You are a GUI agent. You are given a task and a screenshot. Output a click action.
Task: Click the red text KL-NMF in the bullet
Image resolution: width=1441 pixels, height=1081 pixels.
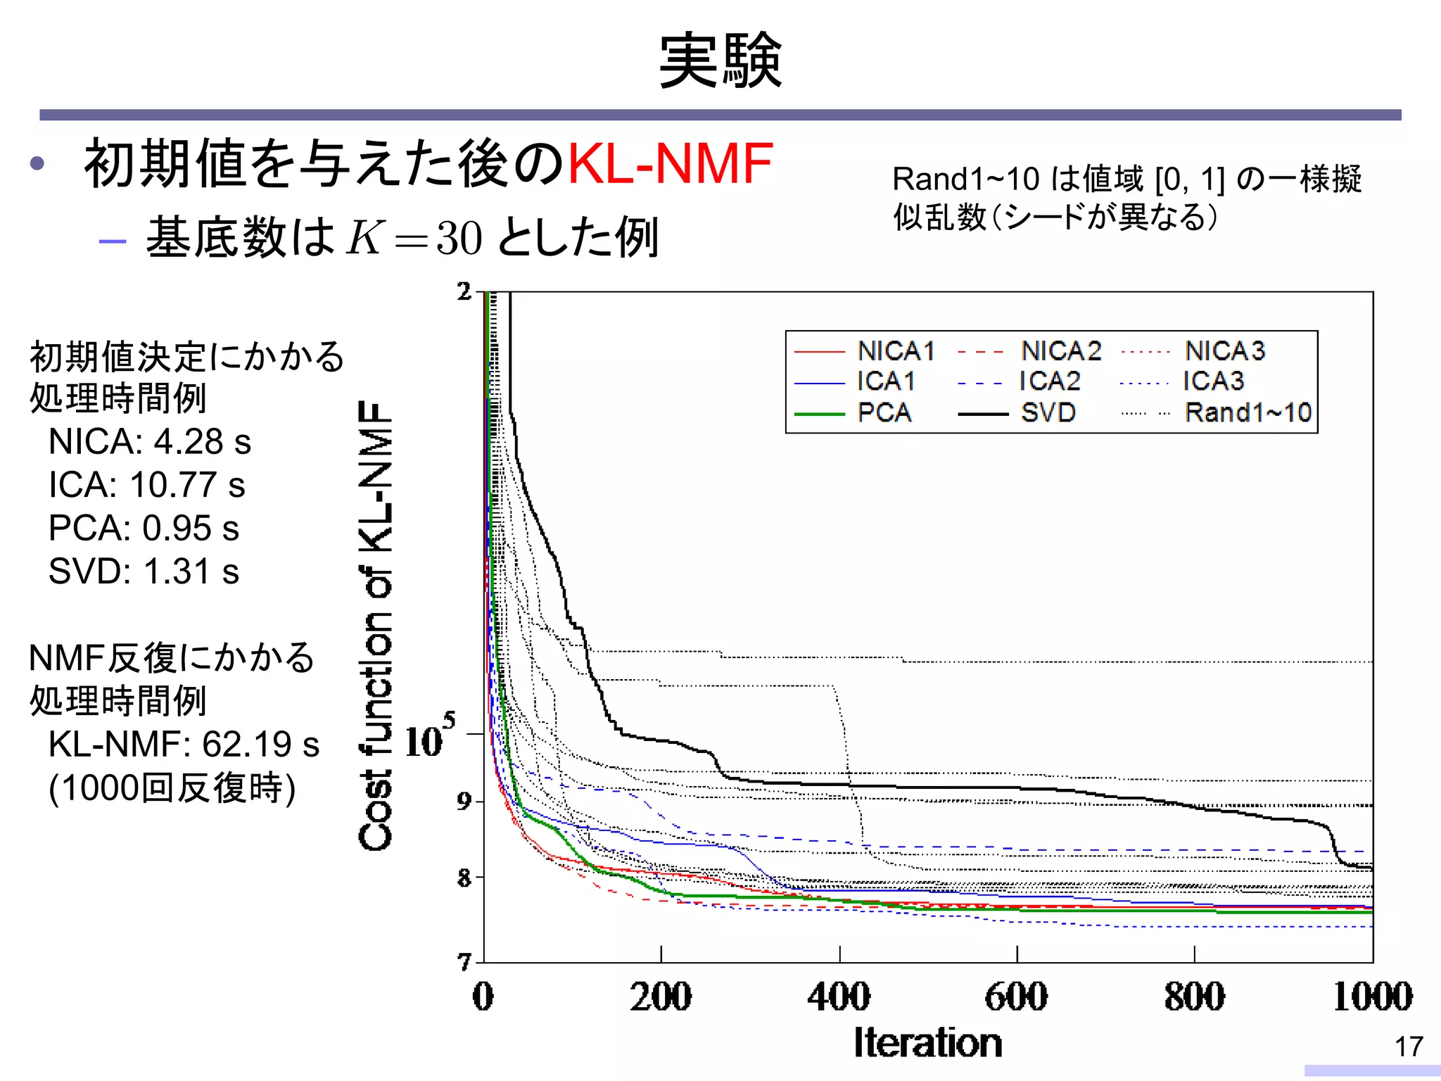pyautogui.click(x=670, y=163)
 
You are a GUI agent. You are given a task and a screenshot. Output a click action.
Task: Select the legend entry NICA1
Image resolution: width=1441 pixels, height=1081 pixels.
pyautogui.click(x=895, y=350)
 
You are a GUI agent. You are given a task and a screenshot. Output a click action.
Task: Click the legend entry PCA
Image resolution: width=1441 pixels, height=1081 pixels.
pyautogui.click(x=884, y=412)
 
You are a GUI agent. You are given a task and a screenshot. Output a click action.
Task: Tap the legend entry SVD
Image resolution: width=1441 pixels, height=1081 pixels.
pyautogui.click(x=1048, y=412)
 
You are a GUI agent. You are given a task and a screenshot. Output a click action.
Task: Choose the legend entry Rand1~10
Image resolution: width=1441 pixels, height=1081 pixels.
pyautogui.click(x=1248, y=412)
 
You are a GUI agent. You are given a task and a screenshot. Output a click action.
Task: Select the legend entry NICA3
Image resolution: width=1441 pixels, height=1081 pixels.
pyautogui.click(x=1224, y=350)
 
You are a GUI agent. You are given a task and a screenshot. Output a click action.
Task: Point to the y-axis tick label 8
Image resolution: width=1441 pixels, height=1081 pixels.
pyautogui.click(x=464, y=878)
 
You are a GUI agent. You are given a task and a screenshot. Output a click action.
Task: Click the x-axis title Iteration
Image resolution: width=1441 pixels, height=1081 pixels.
pyautogui.click(x=927, y=1043)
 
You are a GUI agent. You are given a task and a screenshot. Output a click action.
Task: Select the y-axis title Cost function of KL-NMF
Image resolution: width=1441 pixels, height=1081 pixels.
pyautogui.click(x=375, y=626)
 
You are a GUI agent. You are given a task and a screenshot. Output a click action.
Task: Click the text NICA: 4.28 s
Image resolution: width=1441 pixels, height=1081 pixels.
pyautogui.click(x=149, y=442)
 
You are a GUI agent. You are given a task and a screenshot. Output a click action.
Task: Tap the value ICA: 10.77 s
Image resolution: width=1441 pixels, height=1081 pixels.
pyautogui.click(x=146, y=486)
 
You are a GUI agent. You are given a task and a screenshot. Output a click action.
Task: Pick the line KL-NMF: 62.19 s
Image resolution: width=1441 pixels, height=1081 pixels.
pyautogui.click(x=183, y=745)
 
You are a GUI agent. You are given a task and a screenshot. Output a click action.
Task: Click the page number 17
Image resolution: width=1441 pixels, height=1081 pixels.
pyautogui.click(x=1409, y=1047)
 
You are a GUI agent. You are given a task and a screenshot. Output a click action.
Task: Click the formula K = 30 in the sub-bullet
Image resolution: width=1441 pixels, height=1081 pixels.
pyautogui.click(x=414, y=238)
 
